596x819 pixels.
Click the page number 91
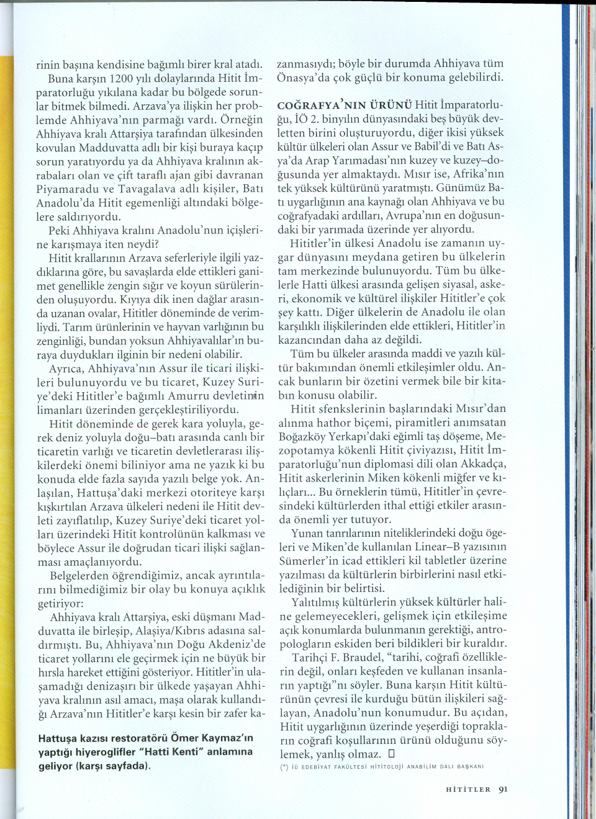503,789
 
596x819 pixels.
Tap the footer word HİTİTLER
468,790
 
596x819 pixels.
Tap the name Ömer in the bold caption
184,738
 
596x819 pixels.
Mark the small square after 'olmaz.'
391,754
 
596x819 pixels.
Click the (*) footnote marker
284,767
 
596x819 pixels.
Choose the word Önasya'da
304,78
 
